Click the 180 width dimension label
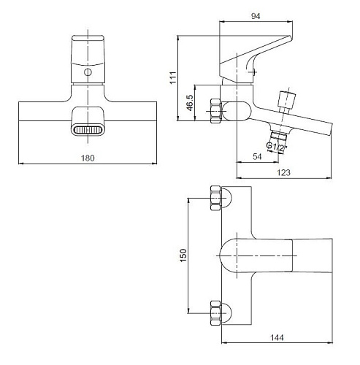[x=88, y=158]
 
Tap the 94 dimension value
[x=256, y=16]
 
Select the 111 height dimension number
[x=173, y=77]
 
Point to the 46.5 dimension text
[x=190, y=102]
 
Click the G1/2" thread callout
[x=277, y=147]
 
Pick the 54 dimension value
[x=257, y=156]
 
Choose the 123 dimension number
[x=283, y=172]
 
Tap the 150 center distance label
[x=183, y=255]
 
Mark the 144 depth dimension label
[x=277, y=337]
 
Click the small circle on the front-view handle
[x=88, y=72]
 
